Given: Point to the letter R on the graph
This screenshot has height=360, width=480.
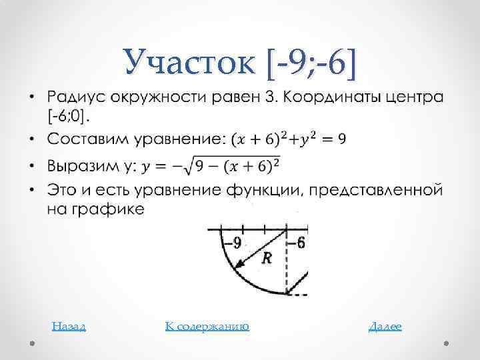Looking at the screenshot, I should tap(267, 259).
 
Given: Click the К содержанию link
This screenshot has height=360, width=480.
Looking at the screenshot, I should tap(207, 326).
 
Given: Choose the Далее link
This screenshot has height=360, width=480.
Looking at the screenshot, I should tap(385, 326).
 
